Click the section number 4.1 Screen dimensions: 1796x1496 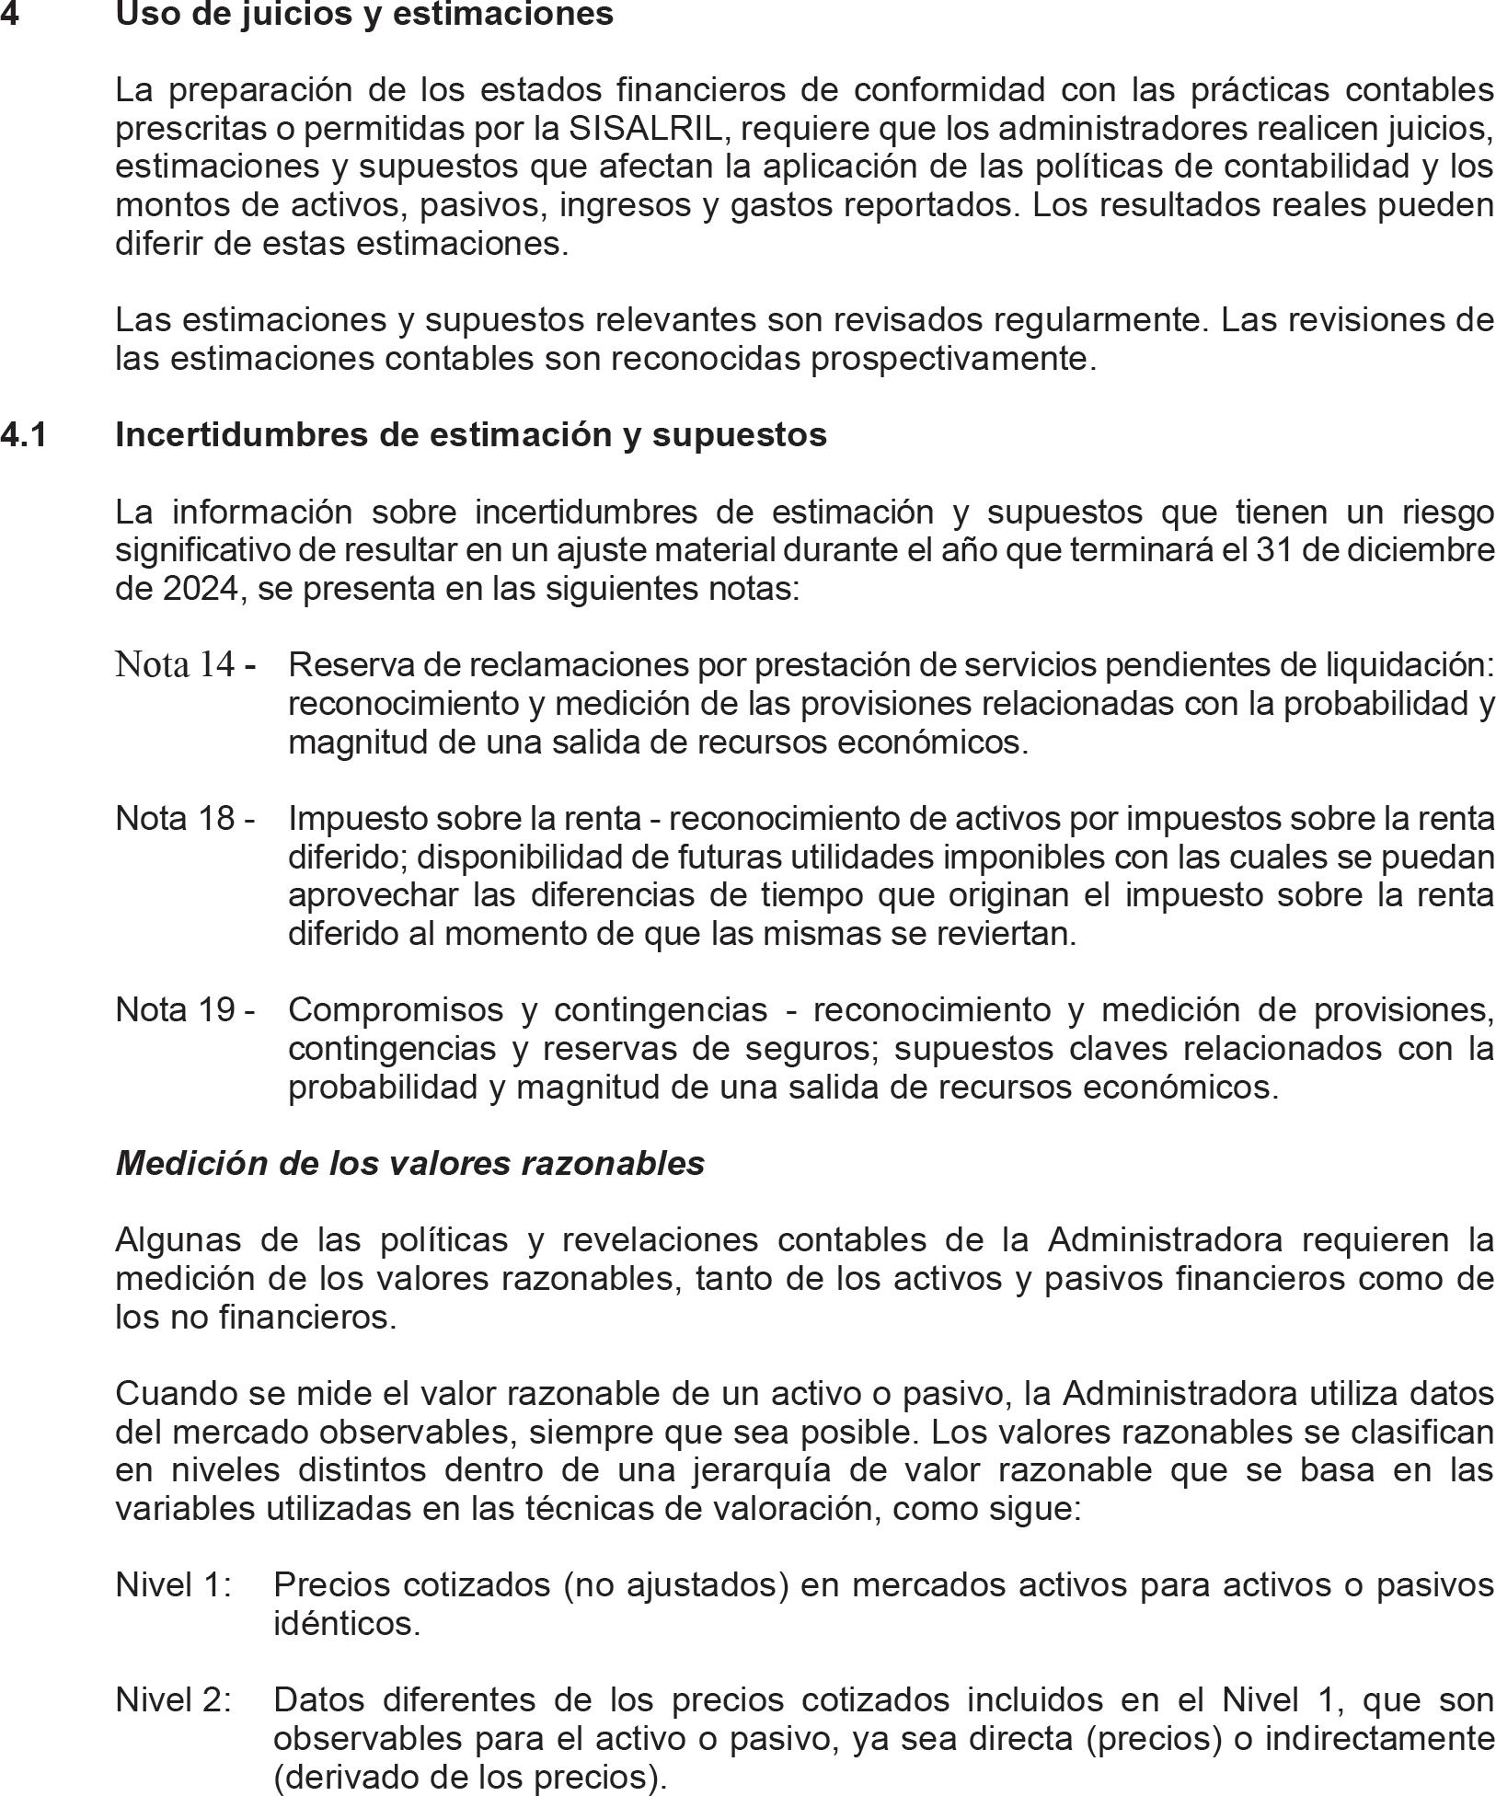point(24,434)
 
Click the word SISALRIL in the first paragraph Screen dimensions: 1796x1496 point(646,129)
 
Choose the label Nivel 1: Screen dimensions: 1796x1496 point(173,1585)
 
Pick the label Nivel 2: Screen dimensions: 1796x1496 point(173,1700)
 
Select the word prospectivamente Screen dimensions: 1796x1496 point(952,359)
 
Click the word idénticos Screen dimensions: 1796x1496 point(346,1624)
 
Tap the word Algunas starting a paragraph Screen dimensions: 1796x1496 point(178,1240)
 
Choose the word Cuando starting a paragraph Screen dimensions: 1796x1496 point(174,1394)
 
